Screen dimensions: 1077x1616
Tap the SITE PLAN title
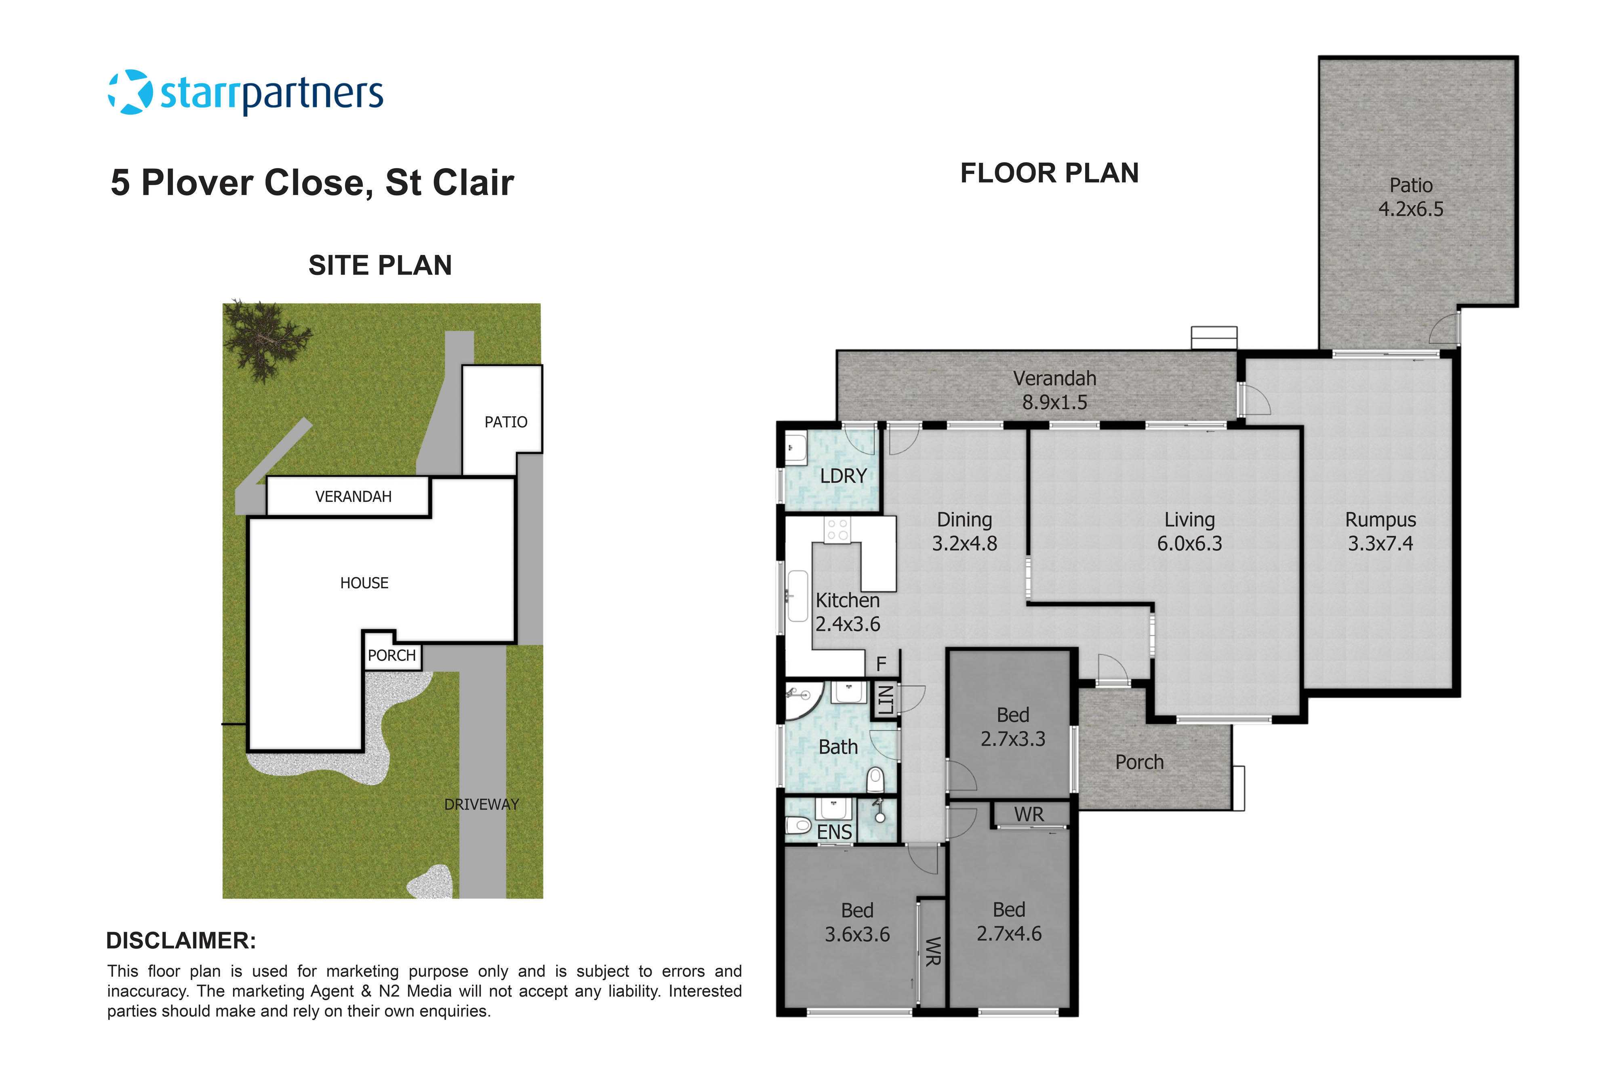click(x=380, y=265)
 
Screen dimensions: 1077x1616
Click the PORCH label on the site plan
click(x=391, y=655)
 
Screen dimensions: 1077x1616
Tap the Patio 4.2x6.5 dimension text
click(x=1410, y=209)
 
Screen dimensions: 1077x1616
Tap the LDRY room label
click(x=843, y=476)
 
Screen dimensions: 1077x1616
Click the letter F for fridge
click(x=881, y=663)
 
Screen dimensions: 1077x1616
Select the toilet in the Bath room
click(x=875, y=780)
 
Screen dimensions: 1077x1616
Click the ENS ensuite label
click(x=834, y=832)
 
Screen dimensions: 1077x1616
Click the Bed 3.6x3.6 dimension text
click(x=857, y=934)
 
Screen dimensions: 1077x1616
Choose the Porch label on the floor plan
click(x=1139, y=762)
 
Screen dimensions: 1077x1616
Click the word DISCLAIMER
click(x=181, y=941)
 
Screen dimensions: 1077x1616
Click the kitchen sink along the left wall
click(x=797, y=596)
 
